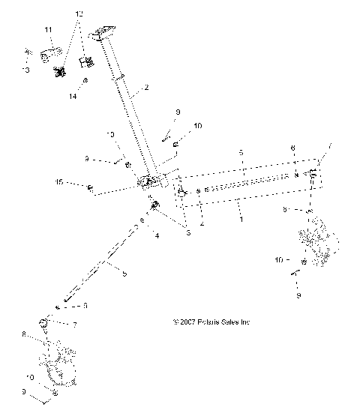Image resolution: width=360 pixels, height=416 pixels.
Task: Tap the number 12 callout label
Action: point(80,14)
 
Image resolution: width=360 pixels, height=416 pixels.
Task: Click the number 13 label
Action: point(25,70)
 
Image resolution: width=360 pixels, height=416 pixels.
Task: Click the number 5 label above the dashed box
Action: point(241,152)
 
